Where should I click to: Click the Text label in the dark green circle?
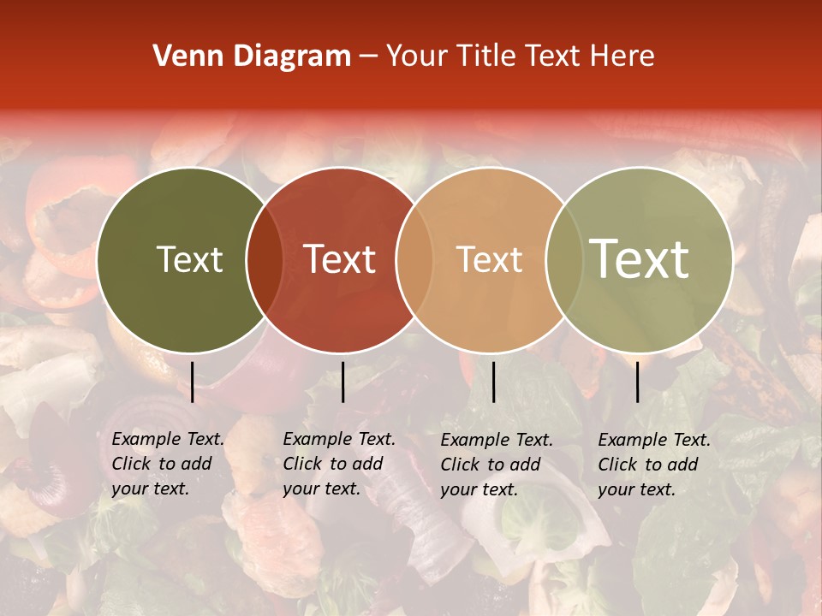pos(189,259)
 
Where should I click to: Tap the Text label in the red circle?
pos(339,259)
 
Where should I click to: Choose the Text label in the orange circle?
pos(489,259)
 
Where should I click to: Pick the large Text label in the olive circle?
pos(639,258)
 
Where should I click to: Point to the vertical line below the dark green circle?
pos(192,382)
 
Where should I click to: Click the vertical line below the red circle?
pos(342,382)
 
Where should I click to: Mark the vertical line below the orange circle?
pos(493,382)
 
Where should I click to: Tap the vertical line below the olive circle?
pos(637,382)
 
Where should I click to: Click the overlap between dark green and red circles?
pos(265,260)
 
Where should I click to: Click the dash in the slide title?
pos(368,57)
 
